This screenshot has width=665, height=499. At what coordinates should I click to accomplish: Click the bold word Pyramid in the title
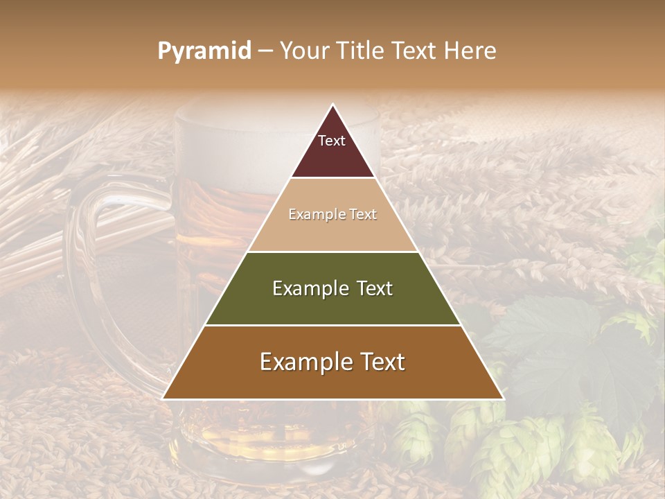[204, 51]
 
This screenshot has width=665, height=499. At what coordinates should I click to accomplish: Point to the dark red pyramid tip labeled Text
[332, 149]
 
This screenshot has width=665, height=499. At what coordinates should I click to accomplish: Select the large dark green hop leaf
[554, 333]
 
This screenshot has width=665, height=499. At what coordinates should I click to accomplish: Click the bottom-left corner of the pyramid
[163, 399]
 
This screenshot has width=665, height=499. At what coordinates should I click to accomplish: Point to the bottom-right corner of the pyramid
[504, 399]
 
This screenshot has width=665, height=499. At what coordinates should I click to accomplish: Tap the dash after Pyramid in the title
[265, 51]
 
